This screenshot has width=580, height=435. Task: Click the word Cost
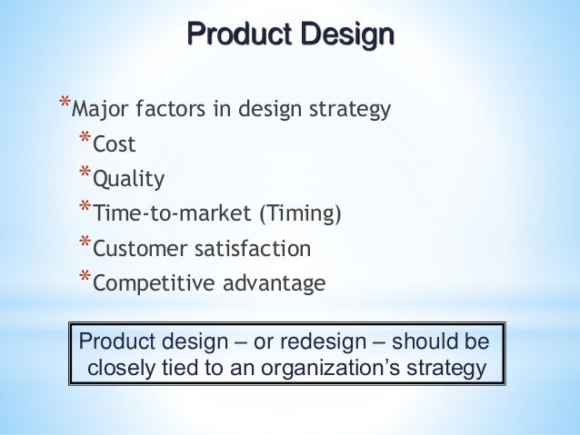(115, 144)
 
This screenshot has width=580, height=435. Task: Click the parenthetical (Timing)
(301, 213)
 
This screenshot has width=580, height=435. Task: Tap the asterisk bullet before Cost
(85, 140)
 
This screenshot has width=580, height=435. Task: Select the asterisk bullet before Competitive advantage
(85, 278)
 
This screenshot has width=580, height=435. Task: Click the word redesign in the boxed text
(334, 342)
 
